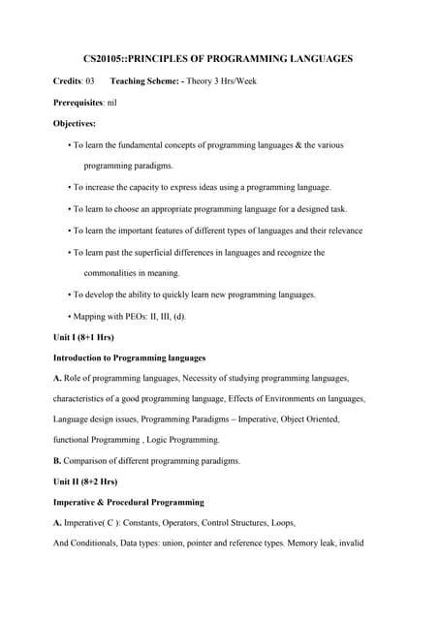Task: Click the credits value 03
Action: pos(90,80)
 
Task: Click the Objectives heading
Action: pos(75,123)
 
